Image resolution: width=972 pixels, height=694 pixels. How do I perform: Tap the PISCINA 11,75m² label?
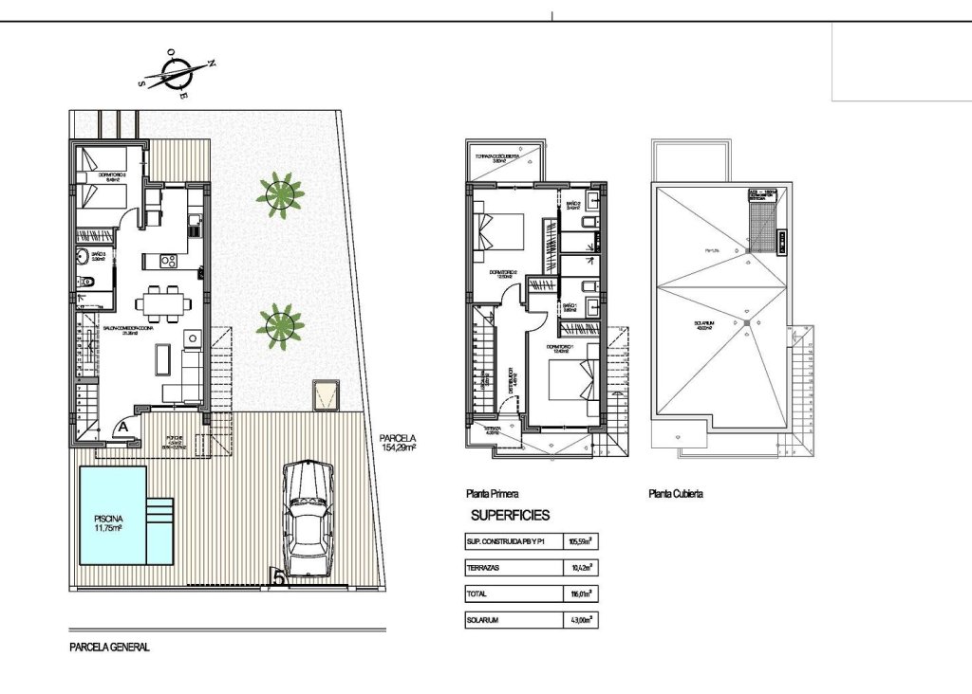point(112,524)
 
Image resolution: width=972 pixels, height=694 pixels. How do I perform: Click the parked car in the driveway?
point(308,517)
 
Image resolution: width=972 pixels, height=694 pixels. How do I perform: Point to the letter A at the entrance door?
point(124,428)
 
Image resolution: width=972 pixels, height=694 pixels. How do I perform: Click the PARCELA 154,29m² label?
point(398,442)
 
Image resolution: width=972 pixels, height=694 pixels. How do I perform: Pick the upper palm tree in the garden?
point(280,193)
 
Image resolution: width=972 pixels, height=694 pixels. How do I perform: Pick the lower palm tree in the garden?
point(280,325)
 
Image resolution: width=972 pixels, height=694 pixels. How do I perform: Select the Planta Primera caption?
point(491,493)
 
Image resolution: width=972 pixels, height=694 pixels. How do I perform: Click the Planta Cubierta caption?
point(675,493)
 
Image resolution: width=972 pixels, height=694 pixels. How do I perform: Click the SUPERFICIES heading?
point(510,516)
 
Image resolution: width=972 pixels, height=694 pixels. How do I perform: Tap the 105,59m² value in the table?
point(580,542)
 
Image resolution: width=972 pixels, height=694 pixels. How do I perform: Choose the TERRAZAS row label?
point(484,568)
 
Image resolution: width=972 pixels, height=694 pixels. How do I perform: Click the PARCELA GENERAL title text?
point(110,648)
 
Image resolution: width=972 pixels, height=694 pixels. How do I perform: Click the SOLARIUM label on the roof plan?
point(703,325)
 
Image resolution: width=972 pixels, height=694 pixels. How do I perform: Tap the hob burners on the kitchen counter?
point(169,260)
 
